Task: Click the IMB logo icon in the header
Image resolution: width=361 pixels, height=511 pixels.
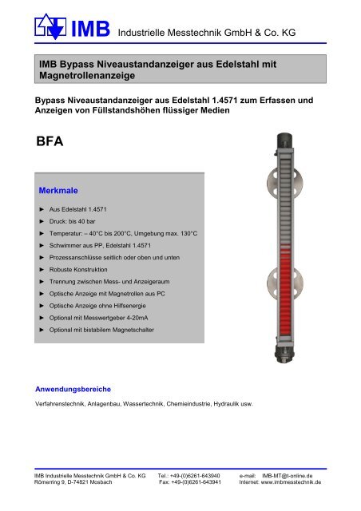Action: pyautogui.click(x=50, y=27)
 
